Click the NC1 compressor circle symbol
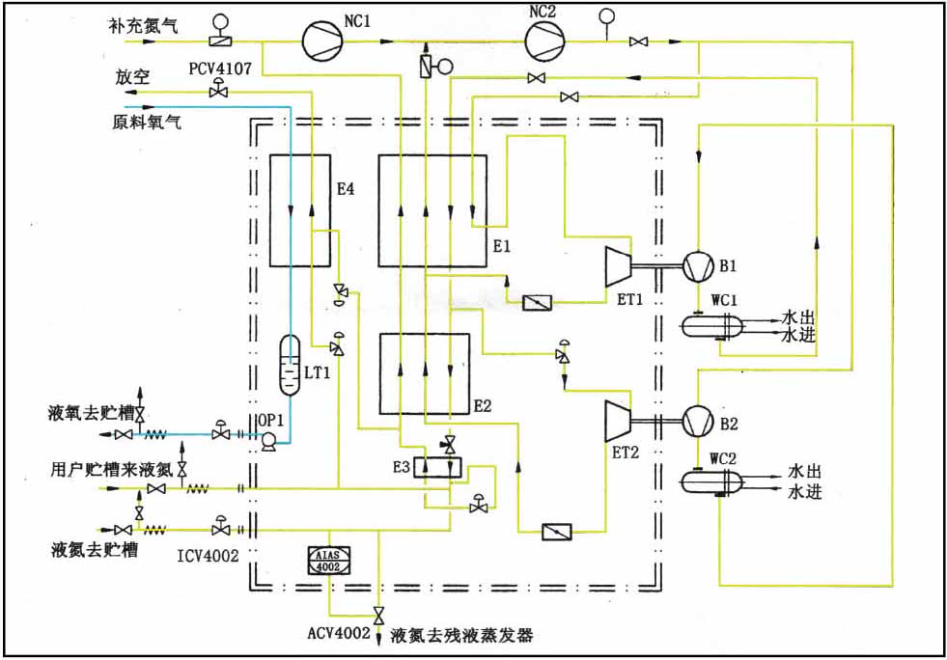(321, 41)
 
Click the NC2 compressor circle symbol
(546, 41)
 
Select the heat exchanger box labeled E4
(299, 209)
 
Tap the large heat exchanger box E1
(433, 210)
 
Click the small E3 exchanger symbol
(437, 466)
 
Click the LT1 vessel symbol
(290, 365)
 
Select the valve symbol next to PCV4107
(218, 90)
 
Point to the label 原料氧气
(147, 122)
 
